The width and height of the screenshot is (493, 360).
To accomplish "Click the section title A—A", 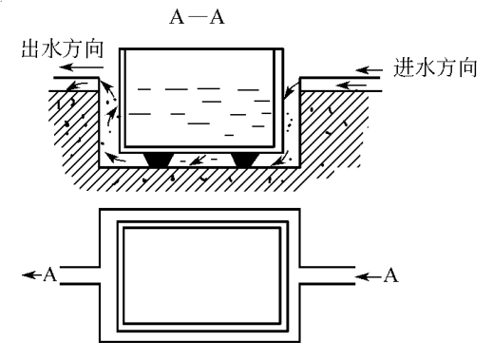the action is [197, 17].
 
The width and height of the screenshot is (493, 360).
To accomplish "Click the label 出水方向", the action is [63, 49].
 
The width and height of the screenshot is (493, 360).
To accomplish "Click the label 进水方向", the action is [435, 67].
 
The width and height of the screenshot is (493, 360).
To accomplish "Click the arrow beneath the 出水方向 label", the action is [82, 67].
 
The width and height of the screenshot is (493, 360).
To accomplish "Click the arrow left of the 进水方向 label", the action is [370, 70].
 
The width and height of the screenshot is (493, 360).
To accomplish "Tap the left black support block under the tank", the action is [160, 160].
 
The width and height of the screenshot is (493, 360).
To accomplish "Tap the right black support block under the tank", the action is [245, 160].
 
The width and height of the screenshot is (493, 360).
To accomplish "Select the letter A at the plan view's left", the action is [50, 275].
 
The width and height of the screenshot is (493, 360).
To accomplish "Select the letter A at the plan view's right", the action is [390, 275].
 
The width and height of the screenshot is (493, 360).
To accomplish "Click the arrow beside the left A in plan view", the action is [32, 275].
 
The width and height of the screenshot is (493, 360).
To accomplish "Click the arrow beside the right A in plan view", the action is [369, 276].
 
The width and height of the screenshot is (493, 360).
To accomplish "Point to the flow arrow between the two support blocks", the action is [198, 161].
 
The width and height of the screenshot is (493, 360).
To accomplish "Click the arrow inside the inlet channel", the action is [351, 85].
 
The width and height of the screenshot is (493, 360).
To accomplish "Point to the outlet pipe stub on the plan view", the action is [80, 275].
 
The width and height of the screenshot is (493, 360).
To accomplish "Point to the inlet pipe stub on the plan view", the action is [328, 275].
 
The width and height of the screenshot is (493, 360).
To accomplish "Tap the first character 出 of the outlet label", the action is [30, 49].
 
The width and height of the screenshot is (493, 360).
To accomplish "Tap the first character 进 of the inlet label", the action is [404, 67].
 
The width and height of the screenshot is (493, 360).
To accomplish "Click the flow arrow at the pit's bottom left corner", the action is [115, 157].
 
